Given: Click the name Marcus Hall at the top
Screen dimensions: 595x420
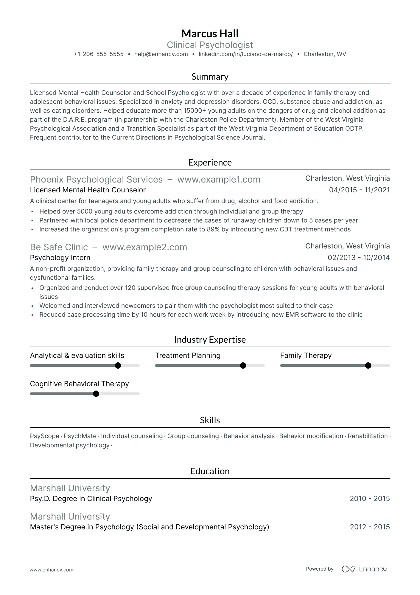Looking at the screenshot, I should click(210, 34).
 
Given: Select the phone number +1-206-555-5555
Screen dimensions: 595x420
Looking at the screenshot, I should click(99, 54).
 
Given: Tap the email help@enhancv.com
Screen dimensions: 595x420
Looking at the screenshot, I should click(161, 54).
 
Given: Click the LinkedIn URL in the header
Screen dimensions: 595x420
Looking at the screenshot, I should click(245, 54).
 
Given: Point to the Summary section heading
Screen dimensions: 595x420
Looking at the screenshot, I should click(210, 77).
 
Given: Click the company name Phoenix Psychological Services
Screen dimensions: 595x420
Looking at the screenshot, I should click(96, 180).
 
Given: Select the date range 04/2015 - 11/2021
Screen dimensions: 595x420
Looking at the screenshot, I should click(359, 190).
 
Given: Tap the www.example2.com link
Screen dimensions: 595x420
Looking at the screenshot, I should click(144, 247).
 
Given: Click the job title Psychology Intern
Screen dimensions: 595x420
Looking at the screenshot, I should click(60, 258).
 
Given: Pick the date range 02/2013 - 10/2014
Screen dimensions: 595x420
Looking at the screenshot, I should click(359, 258).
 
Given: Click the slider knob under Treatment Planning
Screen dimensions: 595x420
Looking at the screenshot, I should click(243, 366).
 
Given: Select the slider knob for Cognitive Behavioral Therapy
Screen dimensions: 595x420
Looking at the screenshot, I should click(96, 394).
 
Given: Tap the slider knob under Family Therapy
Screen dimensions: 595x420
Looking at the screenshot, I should click(368, 366).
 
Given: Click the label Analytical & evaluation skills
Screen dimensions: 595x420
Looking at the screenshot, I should click(77, 356).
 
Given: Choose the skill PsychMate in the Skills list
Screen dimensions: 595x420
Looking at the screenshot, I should click(80, 436).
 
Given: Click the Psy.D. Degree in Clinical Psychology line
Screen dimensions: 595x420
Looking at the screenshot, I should click(91, 499).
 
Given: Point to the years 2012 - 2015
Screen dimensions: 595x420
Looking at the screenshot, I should click(370, 527).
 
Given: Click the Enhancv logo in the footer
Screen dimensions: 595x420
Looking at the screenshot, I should click(364, 569).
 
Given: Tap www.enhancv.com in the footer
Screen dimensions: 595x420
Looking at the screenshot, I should click(52, 570).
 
